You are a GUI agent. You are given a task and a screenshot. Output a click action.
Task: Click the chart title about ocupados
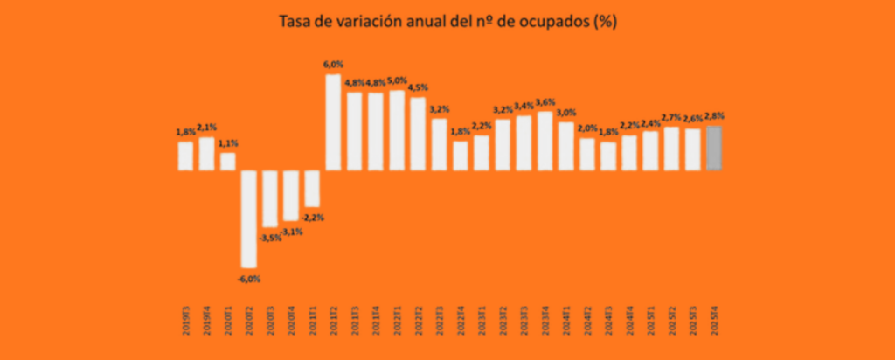click(x=447, y=22)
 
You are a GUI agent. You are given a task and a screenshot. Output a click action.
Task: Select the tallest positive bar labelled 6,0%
click(x=333, y=121)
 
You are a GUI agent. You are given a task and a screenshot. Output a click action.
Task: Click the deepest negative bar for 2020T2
click(x=248, y=218)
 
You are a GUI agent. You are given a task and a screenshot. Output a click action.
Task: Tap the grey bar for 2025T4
click(x=714, y=148)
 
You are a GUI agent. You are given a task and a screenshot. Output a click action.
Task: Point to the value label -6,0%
click(x=248, y=279)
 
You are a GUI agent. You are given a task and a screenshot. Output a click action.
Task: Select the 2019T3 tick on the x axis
click(x=185, y=323)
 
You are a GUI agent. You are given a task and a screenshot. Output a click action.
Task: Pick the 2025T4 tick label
click(x=714, y=323)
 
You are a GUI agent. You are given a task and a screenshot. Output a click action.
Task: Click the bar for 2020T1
click(x=227, y=161)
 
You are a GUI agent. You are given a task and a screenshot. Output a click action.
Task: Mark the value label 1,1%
click(x=227, y=143)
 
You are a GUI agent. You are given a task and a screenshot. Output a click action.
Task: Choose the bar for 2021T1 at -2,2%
click(x=312, y=188)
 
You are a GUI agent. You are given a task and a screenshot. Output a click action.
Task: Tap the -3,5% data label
click(x=270, y=237)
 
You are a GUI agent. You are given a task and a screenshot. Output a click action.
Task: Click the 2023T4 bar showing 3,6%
click(x=545, y=140)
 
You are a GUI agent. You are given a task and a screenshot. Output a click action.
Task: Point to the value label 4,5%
click(x=419, y=87)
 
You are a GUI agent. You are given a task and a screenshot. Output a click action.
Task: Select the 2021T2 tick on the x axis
click(x=333, y=323)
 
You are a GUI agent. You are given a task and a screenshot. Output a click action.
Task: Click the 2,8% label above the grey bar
click(x=714, y=116)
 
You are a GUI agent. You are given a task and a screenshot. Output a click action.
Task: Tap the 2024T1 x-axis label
click(x=565, y=323)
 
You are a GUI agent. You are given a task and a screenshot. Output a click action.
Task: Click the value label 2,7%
click(x=671, y=117)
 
